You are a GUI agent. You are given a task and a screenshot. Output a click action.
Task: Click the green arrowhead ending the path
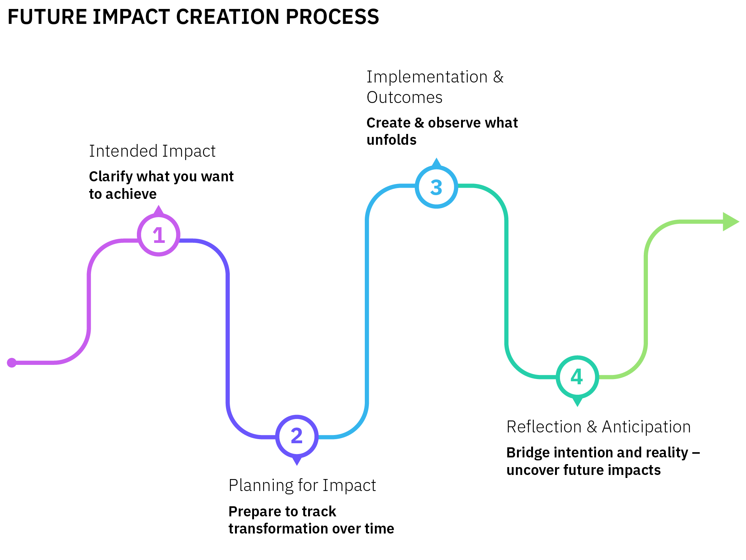click(x=731, y=222)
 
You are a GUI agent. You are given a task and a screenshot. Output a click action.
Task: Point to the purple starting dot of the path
click(x=12, y=363)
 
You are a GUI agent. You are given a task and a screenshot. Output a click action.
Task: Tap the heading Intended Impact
click(x=152, y=151)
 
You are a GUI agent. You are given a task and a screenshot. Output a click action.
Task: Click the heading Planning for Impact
click(x=302, y=485)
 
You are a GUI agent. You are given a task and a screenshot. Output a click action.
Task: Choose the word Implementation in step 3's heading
click(x=427, y=77)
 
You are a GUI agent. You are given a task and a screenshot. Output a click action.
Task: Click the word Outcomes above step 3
click(x=404, y=97)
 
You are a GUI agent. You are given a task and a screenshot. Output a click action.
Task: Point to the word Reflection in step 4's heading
click(x=544, y=427)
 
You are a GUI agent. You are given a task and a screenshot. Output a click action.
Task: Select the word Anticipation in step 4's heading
click(x=646, y=427)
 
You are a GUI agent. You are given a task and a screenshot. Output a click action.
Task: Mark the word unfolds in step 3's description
click(x=391, y=140)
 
